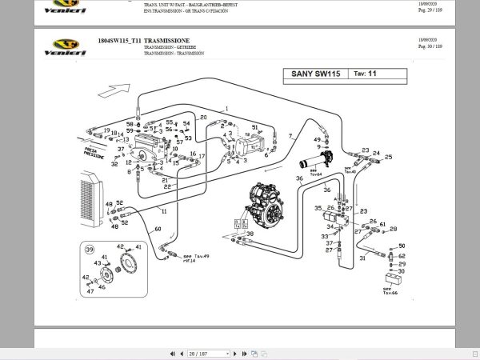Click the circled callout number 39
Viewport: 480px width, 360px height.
coord(89,250)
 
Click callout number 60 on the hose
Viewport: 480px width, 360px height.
coord(158,230)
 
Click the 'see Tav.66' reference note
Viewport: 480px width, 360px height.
coord(390,290)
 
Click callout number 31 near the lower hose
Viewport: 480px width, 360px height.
coord(362,258)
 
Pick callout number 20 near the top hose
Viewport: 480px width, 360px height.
coord(203,118)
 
